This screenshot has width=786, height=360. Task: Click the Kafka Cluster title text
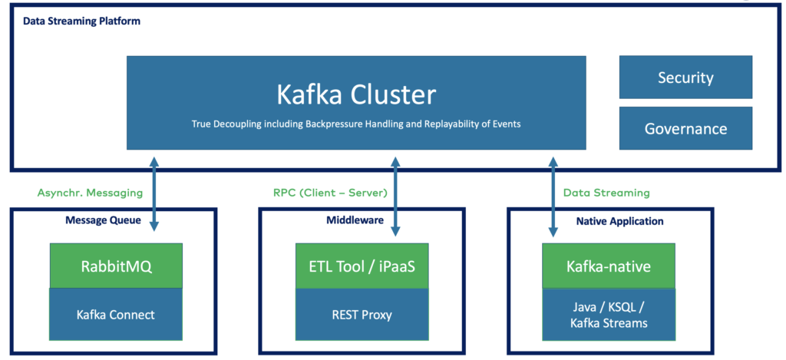[x=356, y=94]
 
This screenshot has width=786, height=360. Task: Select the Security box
[x=685, y=78]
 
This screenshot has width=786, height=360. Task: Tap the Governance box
[x=685, y=128]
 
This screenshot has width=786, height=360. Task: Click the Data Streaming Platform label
[x=81, y=21]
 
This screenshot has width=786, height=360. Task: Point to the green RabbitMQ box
[x=116, y=266]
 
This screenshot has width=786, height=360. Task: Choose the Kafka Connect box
[x=116, y=314]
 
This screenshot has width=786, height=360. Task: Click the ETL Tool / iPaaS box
[x=362, y=266]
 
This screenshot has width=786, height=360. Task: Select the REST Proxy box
[x=362, y=314]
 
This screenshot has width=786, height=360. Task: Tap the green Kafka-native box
[x=609, y=266]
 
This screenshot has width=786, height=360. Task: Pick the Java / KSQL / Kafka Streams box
[x=609, y=314]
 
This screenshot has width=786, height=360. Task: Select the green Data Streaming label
[x=606, y=193]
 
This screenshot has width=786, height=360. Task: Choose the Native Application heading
[x=619, y=221]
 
